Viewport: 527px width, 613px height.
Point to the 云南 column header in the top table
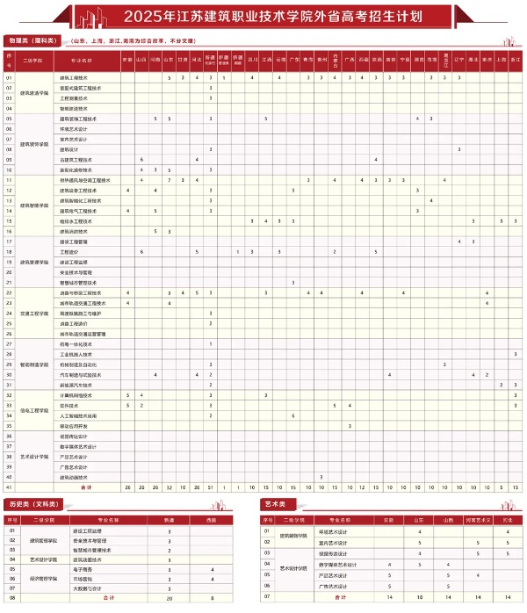pyautogui.click(x=280, y=60)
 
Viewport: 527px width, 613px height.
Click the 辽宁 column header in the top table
pyautogui.click(x=459, y=60)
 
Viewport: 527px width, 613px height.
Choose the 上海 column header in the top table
pyautogui.click(x=502, y=60)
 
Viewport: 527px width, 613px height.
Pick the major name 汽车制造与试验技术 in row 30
pyautogui.click(x=81, y=374)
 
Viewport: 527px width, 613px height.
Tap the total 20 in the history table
pyautogui.click(x=170, y=598)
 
